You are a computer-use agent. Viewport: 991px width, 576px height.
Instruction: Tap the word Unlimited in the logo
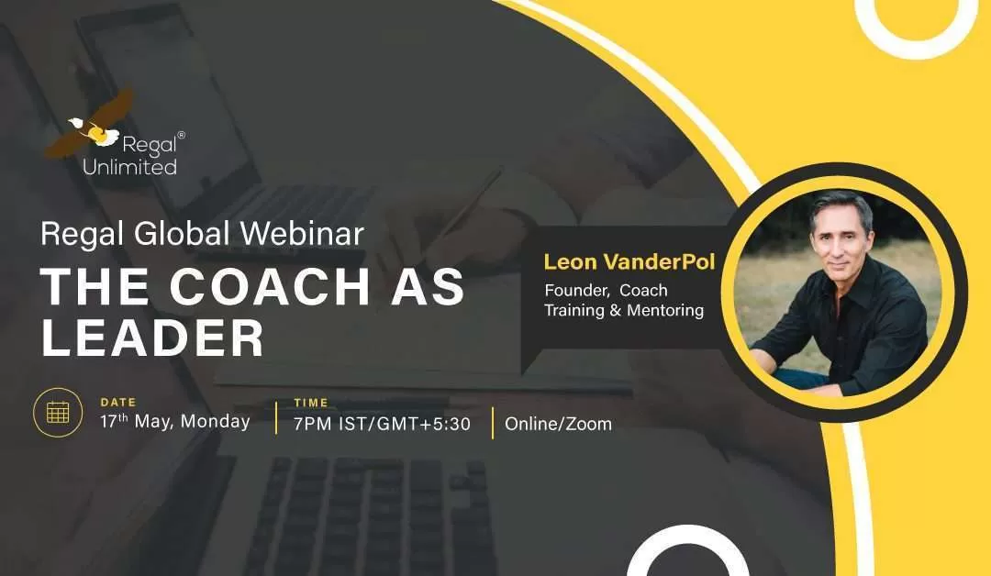click(x=129, y=167)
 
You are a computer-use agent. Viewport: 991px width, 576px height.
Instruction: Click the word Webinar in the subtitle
click(x=302, y=234)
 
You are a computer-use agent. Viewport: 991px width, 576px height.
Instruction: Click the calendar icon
click(x=58, y=413)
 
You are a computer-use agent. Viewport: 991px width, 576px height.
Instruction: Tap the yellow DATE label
click(x=118, y=403)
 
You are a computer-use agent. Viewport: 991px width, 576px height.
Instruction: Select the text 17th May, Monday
click(x=175, y=421)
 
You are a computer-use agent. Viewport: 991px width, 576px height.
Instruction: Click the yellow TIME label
click(x=311, y=403)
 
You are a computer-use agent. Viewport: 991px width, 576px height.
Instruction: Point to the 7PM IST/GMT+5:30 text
click(x=382, y=424)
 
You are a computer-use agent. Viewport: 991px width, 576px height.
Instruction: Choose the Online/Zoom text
click(x=558, y=424)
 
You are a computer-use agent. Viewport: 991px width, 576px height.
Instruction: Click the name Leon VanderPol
click(x=629, y=261)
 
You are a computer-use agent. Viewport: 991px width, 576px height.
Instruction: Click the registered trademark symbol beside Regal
click(x=182, y=135)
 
